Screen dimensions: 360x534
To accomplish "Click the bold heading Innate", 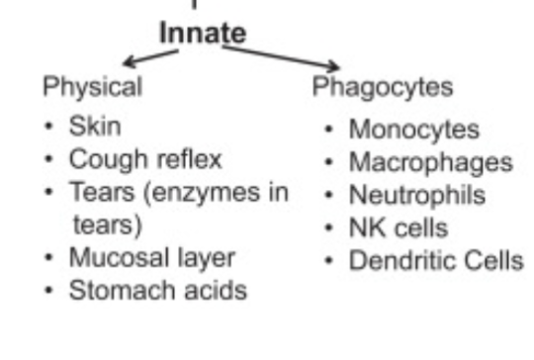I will click(x=202, y=33).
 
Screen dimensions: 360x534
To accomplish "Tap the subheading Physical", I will click(x=92, y=87).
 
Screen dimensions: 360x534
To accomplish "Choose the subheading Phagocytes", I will click(x=383, y=87).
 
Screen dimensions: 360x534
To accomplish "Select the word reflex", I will click(x=186, y=159).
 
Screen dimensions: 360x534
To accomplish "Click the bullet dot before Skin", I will click(x=48, y=128).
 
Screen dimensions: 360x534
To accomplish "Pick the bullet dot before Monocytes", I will click(x=329, y=131).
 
